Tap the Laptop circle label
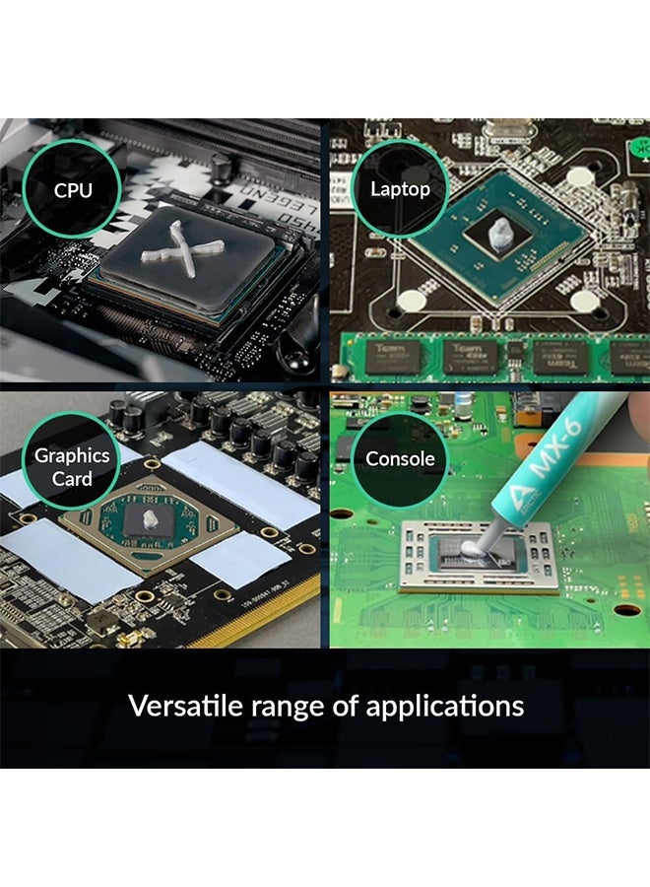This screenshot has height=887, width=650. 400,189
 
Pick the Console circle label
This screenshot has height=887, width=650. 400,458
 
